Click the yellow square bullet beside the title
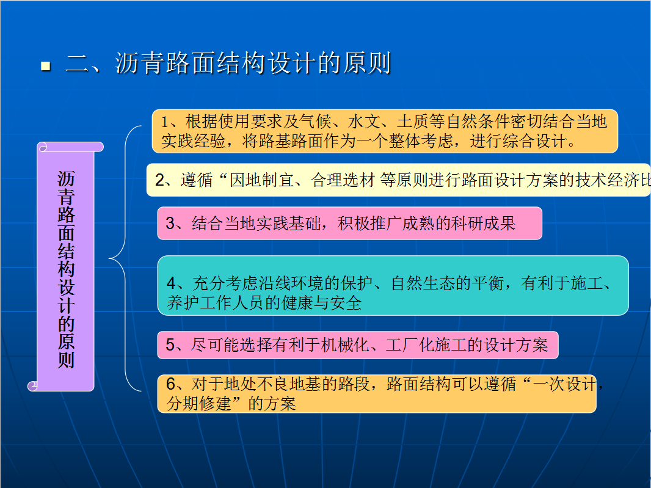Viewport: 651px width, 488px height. (x=46, y=66)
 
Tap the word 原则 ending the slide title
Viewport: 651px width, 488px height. (x=366, y=64)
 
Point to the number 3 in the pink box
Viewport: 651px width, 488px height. (x=170, y=224)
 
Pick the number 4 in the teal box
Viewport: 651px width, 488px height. (x=172, y=283)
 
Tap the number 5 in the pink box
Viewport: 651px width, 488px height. (x=170, y=344)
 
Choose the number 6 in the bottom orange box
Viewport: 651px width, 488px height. (x=170, y=384)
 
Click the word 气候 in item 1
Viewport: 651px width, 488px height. (x=315, y=122)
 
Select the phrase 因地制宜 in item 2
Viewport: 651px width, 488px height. (x=261, y=180)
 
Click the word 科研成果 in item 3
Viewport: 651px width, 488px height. (x=483, y=224)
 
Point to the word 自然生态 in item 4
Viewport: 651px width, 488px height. (x=423, y=283)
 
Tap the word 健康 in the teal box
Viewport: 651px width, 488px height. (x=297, y=303)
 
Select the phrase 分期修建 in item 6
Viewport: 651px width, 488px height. (x=198, y=403)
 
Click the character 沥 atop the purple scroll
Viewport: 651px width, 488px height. (x=66, y=178)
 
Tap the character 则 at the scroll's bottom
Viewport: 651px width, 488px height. (x=66, y=360)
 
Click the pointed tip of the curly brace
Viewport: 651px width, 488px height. (x=109, y=258)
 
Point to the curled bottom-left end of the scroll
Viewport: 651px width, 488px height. (x=32, y=386)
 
